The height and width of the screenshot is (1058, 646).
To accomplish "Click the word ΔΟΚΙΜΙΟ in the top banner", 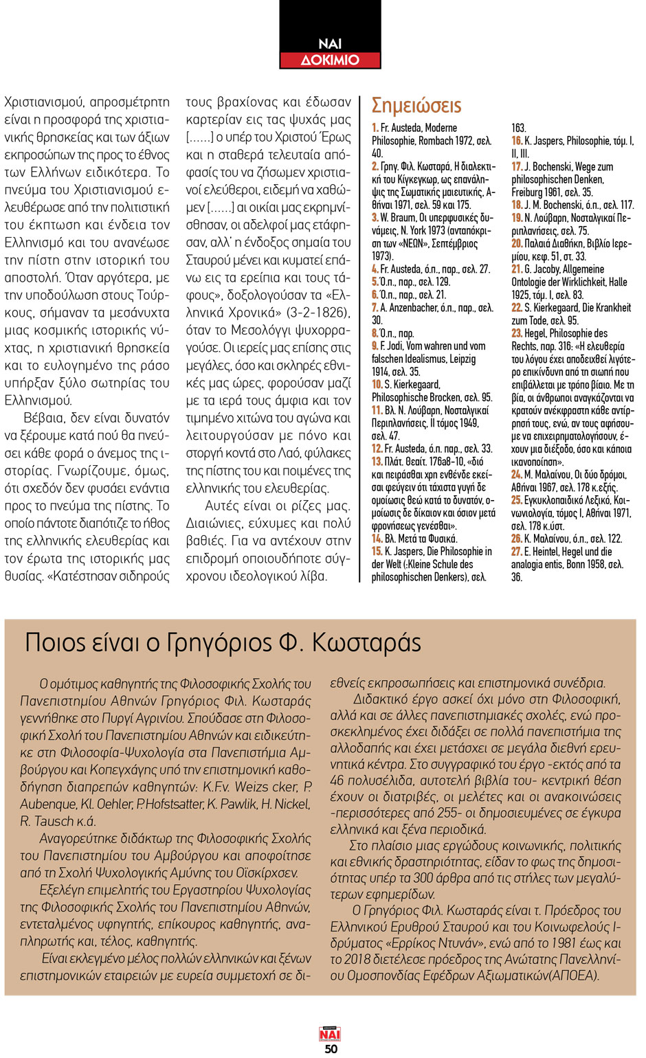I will click(x=330, y=60).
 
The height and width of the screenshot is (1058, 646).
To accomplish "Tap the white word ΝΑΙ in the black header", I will click(x=330, y=44).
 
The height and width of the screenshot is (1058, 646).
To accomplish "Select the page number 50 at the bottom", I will click(x=331, y=1048).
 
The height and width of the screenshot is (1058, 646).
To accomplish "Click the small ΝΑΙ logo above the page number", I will click(x=330, y=1034).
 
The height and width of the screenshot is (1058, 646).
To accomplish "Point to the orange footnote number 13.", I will click(x=377, y=462).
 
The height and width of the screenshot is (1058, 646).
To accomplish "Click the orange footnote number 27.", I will click(x=516, y=552).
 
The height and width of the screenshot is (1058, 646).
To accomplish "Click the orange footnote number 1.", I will click(x=375, y=128).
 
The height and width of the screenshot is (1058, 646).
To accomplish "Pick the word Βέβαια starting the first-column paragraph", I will click(x=48, y=418).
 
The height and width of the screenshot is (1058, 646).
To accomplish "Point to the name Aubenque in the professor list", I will click(x=48, y=804).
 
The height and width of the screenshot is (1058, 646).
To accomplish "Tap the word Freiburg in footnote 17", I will click(x=527, y=192).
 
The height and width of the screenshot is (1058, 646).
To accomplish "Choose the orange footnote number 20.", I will click(x=517, y=244).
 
